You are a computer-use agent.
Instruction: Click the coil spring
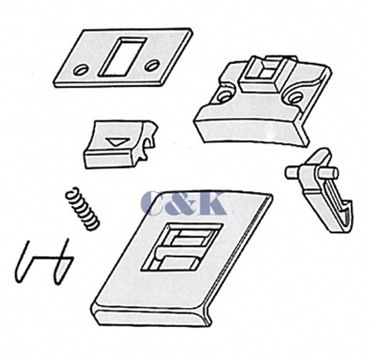82,209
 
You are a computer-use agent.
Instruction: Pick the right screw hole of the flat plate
152,65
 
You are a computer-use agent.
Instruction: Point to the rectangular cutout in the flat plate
122,57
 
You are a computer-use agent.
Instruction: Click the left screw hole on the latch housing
224,96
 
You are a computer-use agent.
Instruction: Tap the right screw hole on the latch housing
294,97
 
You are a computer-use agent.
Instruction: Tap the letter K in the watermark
211,203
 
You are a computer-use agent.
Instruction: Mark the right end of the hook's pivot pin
335,174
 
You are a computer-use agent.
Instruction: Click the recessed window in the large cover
182,248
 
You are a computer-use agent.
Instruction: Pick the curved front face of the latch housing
250,130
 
